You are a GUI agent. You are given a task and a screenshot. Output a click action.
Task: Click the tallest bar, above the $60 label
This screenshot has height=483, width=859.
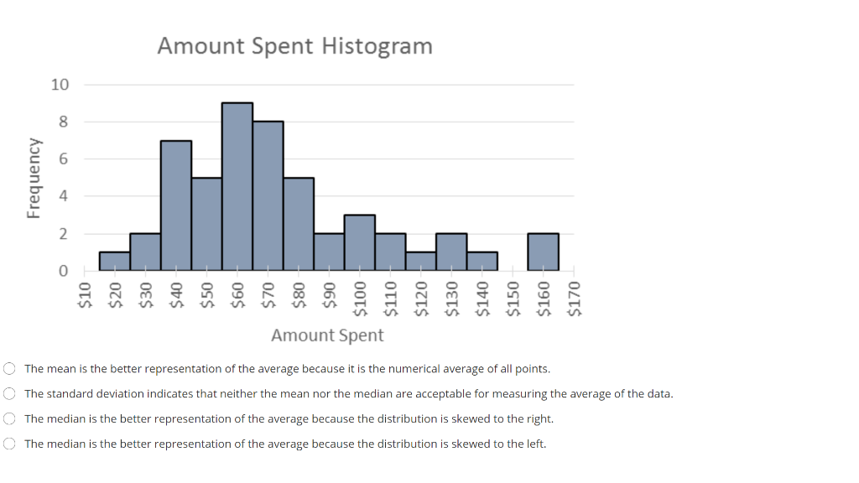coord(237,187)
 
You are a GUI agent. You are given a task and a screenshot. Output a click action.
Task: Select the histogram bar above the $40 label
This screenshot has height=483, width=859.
coord(176,205)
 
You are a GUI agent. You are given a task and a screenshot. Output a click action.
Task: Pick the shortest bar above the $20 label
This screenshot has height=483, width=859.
coord(115,261)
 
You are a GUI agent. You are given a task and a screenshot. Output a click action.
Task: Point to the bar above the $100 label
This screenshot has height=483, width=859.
coord(360,242)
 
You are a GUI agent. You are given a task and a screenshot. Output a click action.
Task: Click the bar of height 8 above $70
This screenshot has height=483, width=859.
coord(268,196)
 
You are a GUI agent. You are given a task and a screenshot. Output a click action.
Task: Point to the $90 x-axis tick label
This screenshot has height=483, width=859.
coord(330,296)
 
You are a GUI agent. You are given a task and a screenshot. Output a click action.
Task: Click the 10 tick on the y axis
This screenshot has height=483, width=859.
coord(60,85)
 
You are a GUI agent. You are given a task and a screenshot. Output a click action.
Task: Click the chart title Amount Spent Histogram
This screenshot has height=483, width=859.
coord(294,45)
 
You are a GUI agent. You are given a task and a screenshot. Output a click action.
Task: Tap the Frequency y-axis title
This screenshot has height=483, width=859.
coord(34,179)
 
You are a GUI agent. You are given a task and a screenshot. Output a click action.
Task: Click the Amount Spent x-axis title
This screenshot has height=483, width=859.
coord(327,335)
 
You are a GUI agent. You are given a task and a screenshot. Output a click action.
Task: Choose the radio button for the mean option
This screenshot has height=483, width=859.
coord(9,368)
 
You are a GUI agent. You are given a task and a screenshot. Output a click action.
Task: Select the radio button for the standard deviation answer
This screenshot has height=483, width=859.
coord(9,393)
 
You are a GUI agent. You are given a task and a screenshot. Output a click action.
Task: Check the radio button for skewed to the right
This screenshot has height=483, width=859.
coord(9,418)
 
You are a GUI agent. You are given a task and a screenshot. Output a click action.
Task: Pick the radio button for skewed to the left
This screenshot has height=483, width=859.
coord(9,444)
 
